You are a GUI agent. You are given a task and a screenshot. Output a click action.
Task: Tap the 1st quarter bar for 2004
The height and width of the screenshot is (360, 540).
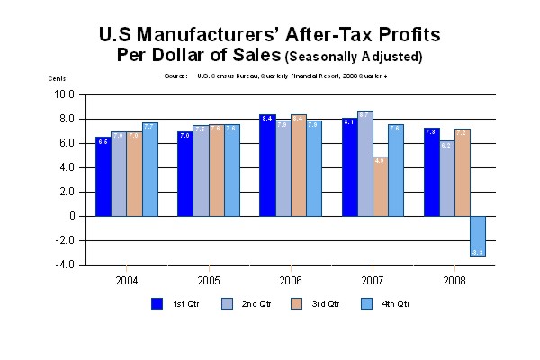click(103, 176)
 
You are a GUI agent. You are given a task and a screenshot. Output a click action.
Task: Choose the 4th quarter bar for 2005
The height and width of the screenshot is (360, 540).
click(232, 170)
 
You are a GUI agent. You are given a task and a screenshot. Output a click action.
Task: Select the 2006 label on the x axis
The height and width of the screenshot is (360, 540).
click(290, 280)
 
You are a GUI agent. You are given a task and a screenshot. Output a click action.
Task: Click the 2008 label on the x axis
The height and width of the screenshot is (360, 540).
click(454, 280)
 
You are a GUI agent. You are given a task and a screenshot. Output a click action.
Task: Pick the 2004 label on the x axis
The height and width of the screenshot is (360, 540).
click(126, 280)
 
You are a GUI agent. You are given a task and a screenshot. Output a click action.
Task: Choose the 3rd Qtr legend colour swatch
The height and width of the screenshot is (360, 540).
click(298, 303)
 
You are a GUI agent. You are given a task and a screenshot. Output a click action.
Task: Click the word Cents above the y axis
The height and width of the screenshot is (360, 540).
click(57, 78)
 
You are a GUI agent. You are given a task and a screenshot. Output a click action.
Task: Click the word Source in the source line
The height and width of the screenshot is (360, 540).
click(175, 76)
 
